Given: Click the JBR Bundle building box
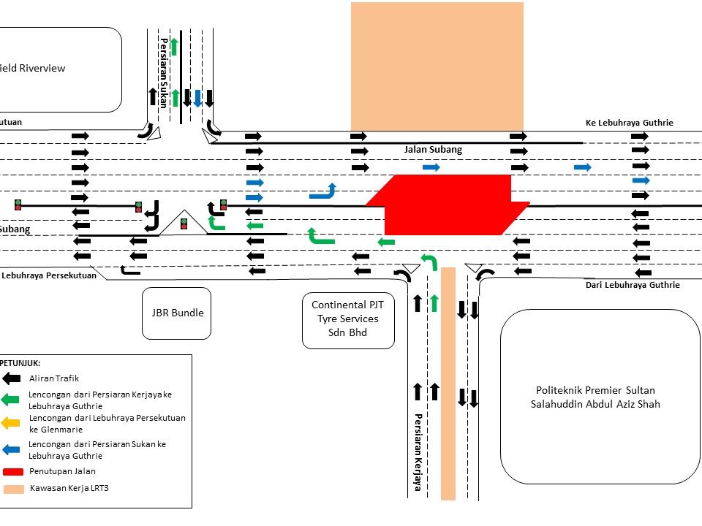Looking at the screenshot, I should point(176,313).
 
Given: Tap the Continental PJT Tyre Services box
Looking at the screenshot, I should point(348,319).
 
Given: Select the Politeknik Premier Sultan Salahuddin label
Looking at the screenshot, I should point(597,397).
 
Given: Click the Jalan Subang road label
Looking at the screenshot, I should point(433,150).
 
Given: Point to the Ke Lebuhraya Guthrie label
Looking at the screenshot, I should point(629,123).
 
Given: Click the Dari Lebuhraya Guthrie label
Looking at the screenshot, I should point(633,285).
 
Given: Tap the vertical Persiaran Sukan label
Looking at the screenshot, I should point(164,73).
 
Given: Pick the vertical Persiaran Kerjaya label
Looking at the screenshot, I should point(418,452).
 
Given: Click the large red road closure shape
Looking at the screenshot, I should point(446,205).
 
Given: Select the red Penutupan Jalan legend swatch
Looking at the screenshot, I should point(15,471).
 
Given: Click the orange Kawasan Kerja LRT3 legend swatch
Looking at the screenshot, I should point(15,489).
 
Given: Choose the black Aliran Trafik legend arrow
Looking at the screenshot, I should point(12,378).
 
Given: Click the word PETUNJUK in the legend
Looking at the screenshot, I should point(20,362).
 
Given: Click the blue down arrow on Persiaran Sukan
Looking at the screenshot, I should point(197,97).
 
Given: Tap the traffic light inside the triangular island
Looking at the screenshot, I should point(184,223).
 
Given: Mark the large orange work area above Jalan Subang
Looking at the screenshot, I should point(437,66).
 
